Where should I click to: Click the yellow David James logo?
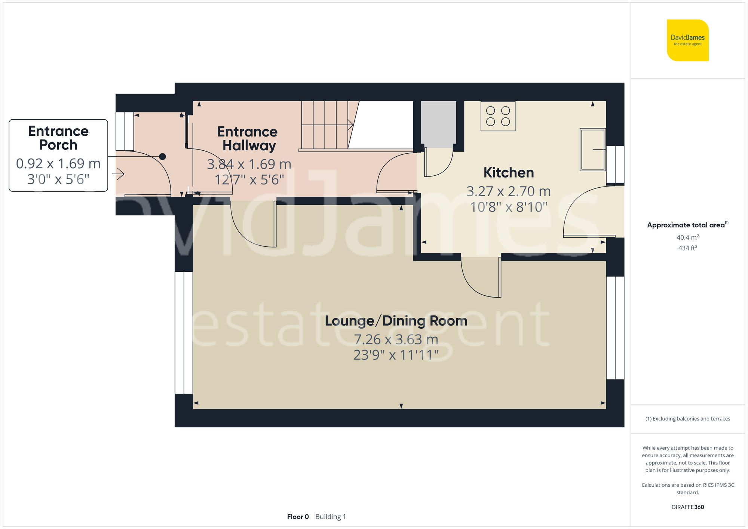(x=687, y=40)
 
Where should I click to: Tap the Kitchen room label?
(x=508, y=173)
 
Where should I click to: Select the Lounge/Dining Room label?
(x=396, y=321)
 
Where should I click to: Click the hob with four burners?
(x=498, y=116)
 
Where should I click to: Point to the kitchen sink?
(x=592, y=150)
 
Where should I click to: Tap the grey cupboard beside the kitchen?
(x=438, y=123)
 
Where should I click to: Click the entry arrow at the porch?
(x=119, y=174)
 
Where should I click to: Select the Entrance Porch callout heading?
(x=58, y=138)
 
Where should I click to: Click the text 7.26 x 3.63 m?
(x=396, y=339)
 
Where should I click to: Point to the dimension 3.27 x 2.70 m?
(x=508, y=191)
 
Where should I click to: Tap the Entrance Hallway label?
(x=248, y=139)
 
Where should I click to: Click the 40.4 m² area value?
(x=687, y=237)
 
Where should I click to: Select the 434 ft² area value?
(x=687, y=248)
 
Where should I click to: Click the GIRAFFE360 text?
(x=687, y=507)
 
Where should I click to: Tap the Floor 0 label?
(x=298, y=517)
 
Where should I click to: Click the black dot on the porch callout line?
(x=162, y=157)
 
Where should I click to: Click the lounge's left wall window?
(x=184, y=333)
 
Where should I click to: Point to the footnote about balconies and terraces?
(x=687, y=419)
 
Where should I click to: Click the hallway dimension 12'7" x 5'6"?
(x=249, y=180)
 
